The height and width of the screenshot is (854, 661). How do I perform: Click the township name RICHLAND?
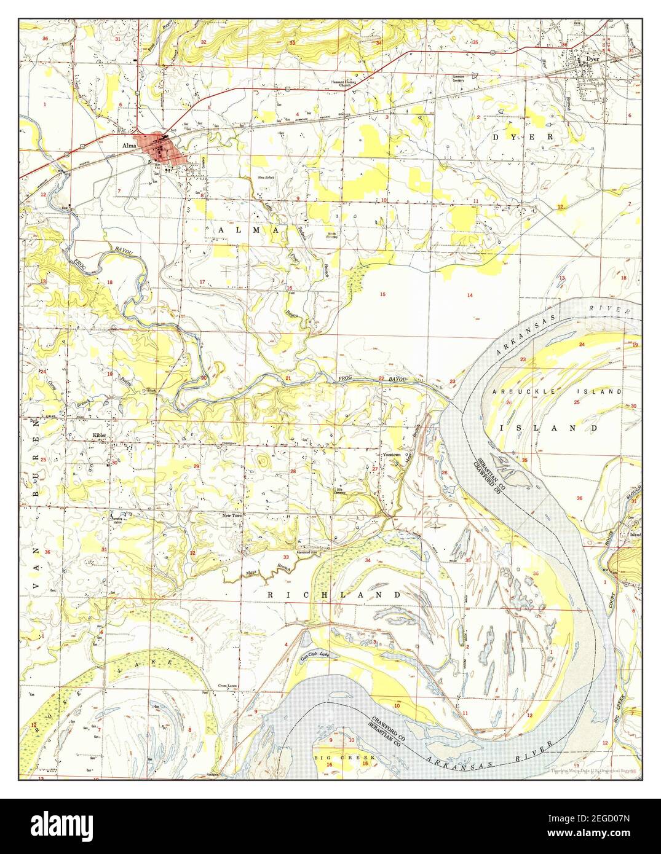point(334,595)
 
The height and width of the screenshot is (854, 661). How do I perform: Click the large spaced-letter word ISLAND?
point(548,426)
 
